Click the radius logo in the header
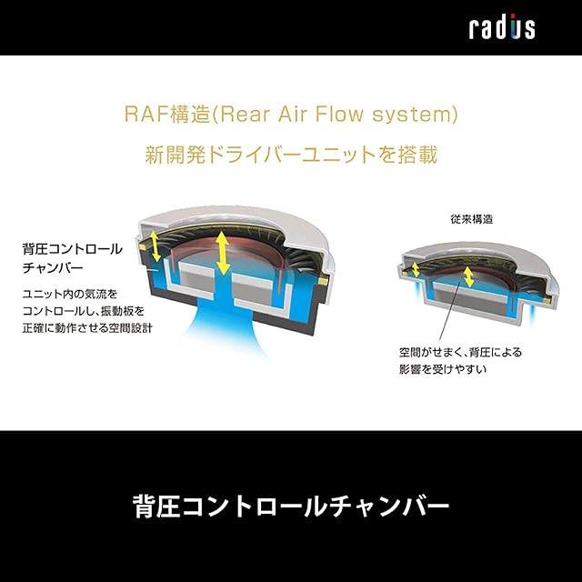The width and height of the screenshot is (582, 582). tap(502, 27)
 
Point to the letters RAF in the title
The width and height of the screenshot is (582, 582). tap(145, 114)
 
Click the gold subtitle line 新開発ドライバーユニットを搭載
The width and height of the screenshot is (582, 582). tap(291, 155)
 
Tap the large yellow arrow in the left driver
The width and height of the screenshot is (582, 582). tap(222, 253)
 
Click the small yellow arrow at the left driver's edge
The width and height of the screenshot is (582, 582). tap(156, 246)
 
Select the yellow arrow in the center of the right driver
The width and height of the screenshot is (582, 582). tap(469, 276)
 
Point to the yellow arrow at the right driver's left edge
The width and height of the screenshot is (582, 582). tap(416, 270)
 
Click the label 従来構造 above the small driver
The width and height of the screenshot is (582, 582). tap(472, 219)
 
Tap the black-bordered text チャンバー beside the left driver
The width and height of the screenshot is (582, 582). tap(53, 267)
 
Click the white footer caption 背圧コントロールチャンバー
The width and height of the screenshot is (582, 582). tap(291, 507)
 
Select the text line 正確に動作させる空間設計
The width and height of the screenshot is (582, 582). tap(87, 328)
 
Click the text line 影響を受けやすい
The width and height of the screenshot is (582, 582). tap(443, 369)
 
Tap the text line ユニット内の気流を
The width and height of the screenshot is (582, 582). tap(70, 295)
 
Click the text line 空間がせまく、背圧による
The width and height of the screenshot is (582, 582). tap(461, 352)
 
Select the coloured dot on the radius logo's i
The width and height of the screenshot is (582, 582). tap(513, 16)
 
